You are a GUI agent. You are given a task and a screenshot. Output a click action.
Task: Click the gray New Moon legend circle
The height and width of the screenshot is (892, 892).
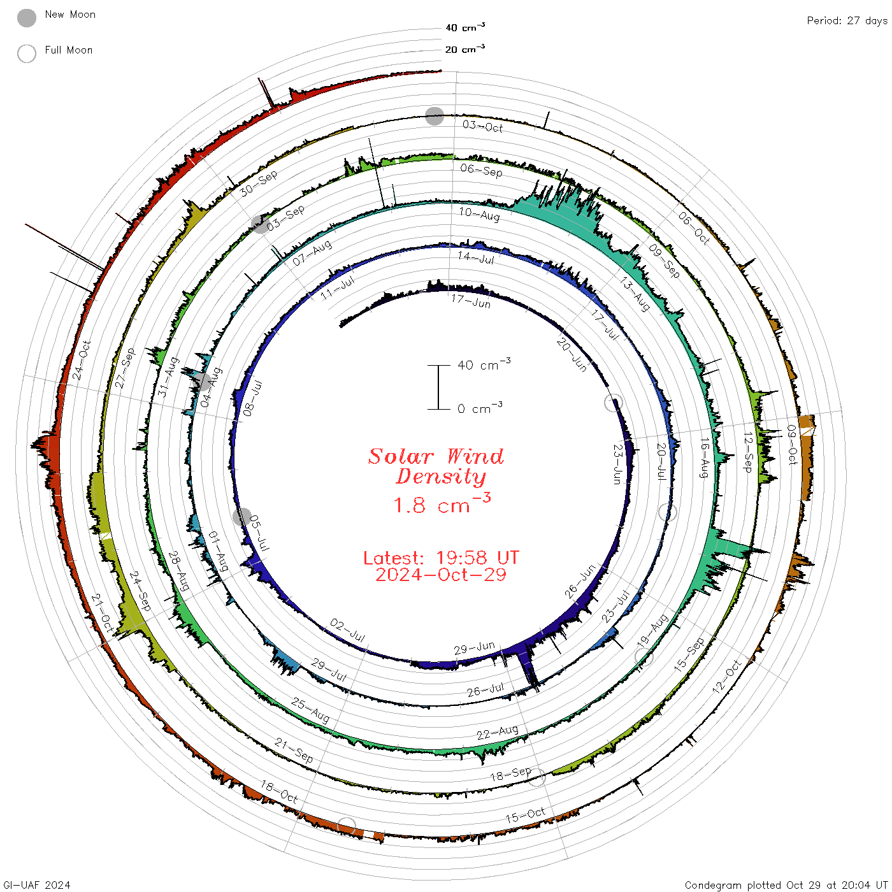tap(26, 18)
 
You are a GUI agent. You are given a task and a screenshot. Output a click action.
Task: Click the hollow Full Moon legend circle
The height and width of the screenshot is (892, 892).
tap(26, 54)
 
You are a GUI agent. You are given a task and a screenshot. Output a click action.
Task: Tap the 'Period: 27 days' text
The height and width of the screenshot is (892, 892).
tap(847, 21)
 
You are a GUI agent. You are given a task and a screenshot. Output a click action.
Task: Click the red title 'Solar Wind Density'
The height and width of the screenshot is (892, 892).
tap(436, 466)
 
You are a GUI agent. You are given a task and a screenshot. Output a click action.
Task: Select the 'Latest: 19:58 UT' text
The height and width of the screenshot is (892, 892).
tap(441, 557)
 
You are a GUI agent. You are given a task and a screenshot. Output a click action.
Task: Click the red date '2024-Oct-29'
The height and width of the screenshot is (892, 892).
tap(441, 575)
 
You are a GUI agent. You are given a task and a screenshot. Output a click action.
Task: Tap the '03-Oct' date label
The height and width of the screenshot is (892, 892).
tap(482, 126)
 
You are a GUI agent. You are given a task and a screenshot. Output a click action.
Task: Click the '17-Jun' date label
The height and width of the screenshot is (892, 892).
tap(470, 301)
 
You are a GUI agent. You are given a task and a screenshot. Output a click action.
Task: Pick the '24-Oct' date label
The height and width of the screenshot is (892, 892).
tap(82, 360)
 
